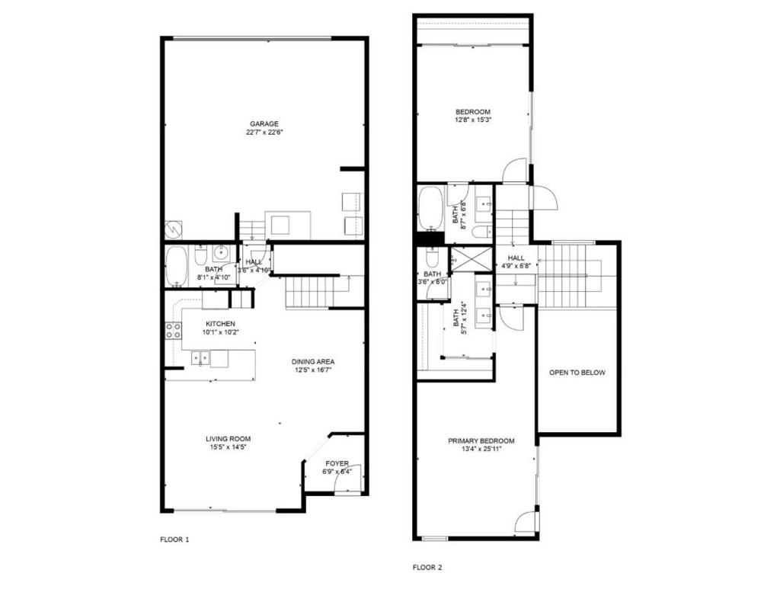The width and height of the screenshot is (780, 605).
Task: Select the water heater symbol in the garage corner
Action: pos(174,229)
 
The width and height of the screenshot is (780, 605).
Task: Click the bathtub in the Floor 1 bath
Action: pos(176,266)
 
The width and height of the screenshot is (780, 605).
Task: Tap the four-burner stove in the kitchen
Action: pos(173,331)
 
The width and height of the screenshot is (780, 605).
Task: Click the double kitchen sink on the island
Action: pos(201,357)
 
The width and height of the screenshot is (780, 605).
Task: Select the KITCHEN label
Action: pos(220,324)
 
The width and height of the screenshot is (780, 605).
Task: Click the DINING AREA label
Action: pos(313,362)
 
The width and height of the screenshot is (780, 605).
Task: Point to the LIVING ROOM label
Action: pos(228,439)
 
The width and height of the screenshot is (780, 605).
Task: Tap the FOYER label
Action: pos(337,463)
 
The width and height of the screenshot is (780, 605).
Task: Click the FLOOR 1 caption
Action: pos(174,539)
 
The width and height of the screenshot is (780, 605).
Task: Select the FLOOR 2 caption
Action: pos(427,567)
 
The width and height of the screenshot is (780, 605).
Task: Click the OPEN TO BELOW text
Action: pos(577,373)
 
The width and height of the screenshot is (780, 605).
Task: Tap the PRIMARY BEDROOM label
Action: pos(481,440)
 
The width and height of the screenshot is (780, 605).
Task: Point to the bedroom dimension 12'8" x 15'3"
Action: pos(473,120)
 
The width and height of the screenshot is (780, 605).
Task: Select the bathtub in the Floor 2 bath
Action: pos(430,208)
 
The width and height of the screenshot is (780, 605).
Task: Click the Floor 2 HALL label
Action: pos(516,258)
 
